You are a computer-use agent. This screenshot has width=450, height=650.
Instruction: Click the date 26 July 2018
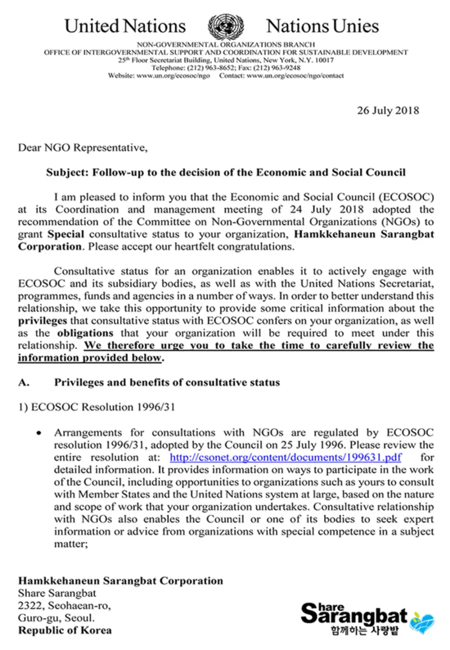coord(388,110)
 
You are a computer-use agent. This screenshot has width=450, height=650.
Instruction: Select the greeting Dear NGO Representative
coord(83,148)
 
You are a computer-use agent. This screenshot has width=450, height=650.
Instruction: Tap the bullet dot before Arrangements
coord(38,433)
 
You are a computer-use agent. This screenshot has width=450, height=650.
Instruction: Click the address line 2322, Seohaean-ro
coord(64,606)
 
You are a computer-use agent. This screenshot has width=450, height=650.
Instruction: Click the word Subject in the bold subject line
coord(64,172)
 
